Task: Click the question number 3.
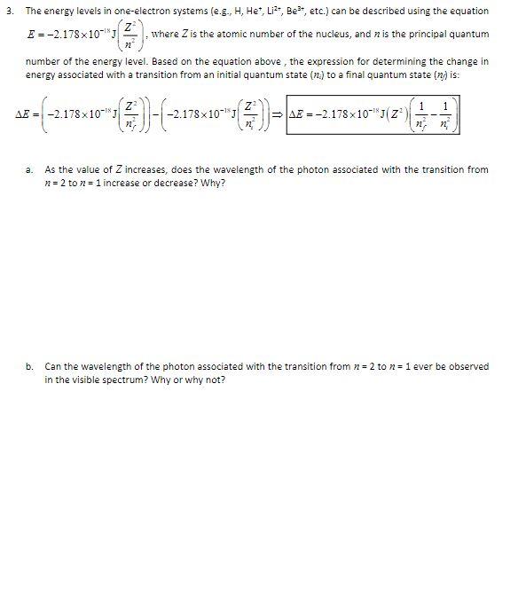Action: coord(7,11)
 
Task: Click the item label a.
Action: coord(29,169)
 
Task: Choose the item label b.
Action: coord(29,366)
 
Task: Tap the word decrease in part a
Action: coord(181,182)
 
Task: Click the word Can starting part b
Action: coord(52,366)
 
